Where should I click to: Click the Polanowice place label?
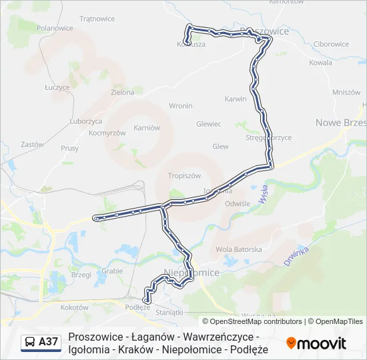click(x=55, y=28)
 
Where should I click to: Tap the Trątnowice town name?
click(x=97, y=19)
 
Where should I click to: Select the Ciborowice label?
click(x=330, y=44)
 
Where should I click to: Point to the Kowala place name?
click(x=320, y=62)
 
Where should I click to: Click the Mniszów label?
click(x=346, y=92)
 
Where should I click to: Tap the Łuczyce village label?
click(x=57, y=87)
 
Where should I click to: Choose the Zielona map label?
click(x=123, y=92)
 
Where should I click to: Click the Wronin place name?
click(x=181, y=105)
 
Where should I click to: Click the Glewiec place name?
click(x=208, y=124)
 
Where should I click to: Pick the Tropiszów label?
click(x=185, y=176)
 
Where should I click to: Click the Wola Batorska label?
click(x=239, y=249)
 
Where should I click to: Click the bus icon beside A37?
click(x=29, y=342)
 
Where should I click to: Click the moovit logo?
click(x=316, y=343)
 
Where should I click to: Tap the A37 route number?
click(x=49, y=342)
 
